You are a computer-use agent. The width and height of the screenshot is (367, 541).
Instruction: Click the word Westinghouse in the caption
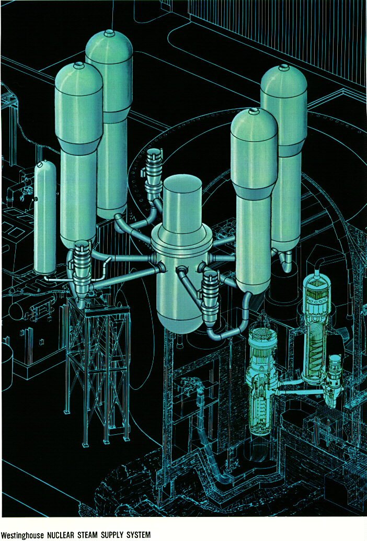click(22, 535)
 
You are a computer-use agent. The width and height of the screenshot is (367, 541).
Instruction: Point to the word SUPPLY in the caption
click(112, 535)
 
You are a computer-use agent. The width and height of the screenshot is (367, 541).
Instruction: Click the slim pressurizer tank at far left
click(45, 217)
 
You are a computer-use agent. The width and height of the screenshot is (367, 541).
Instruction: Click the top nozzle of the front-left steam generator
click(79, 64)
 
